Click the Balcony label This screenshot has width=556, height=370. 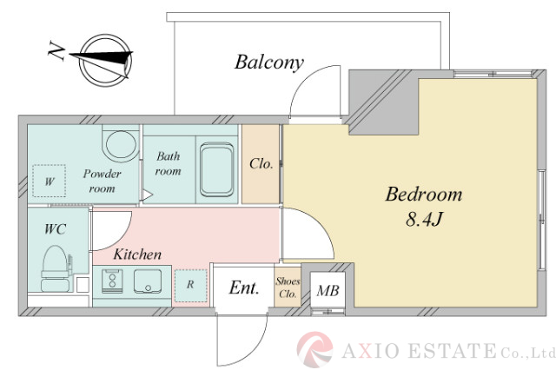(x=269, y=63)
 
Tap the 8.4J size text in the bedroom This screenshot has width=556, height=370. (x=424, y=219)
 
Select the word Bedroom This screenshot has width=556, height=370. (x=424, y=195)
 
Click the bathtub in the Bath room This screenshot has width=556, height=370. (x=216, y=169)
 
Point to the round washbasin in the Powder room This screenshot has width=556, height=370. (x=121, y=143)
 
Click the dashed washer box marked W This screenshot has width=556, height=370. (x=50, y=181)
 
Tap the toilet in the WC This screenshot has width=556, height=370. (x=54, y=268)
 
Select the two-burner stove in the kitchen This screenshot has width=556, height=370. (x=112, y=281)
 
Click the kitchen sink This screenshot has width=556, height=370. (x=148, y=281)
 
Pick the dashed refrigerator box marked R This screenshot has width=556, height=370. (x=191, y=286)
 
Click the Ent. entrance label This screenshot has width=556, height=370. (x=244, y=287)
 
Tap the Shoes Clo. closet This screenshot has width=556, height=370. (x=288, y=287)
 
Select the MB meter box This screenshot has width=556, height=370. (x=328, y=290)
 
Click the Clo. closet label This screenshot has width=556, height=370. (x=261, y=164)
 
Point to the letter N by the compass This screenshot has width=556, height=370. (x=56, y=51)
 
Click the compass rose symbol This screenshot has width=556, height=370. (x=105, y=61)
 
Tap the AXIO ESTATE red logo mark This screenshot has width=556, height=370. (x=314, y=349)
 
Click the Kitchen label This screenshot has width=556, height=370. (x=137, y=254)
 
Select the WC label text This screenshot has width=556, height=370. (x=56, y=229)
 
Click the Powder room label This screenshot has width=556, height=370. (x=103, y=181)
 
